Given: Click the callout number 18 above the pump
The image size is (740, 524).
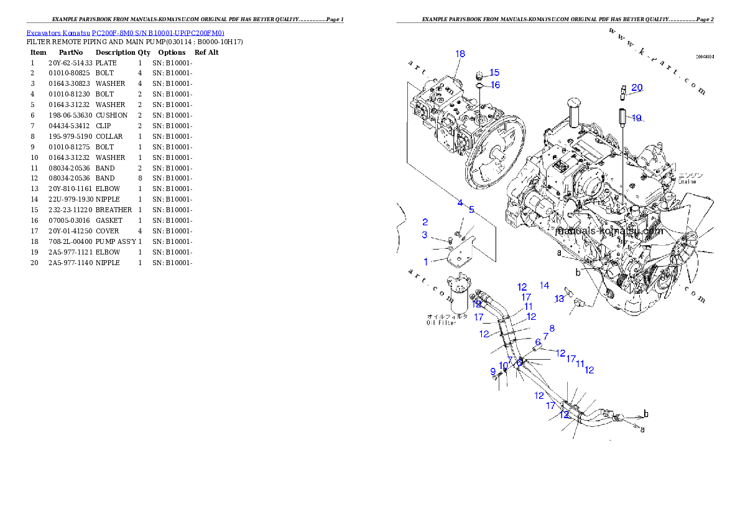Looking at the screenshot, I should [460, 54].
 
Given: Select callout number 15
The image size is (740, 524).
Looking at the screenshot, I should [494, 73].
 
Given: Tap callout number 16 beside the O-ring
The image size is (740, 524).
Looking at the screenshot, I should [495, 85].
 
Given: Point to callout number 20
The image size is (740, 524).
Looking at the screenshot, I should [637, 88].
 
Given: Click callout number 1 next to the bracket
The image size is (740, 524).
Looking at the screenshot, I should [426, 261].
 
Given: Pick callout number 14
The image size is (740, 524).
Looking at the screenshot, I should [544, 286].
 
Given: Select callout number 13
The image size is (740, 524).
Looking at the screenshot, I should [559, 299].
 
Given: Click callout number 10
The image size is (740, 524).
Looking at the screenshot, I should [503, 366].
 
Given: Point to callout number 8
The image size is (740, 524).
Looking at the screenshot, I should [552, 328].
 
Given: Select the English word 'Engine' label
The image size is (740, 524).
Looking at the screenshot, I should [687, 182].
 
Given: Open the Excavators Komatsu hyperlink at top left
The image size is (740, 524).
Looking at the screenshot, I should [125, 33].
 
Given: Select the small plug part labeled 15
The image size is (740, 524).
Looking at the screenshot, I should [479, 75].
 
